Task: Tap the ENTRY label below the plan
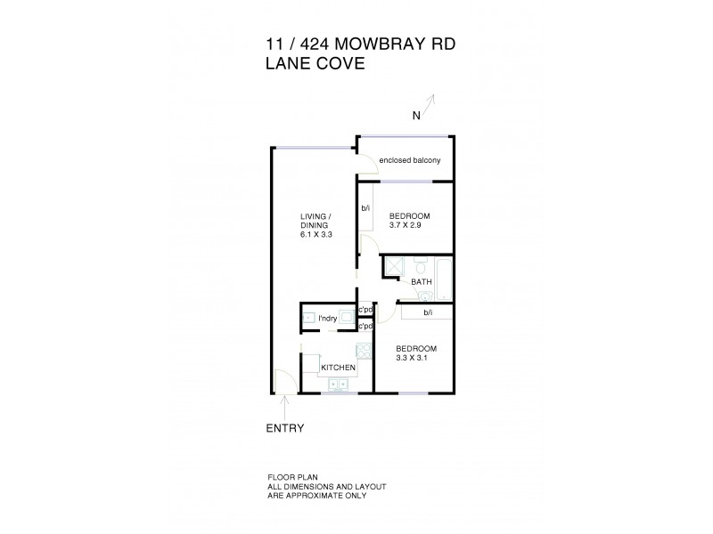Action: coord(285,428)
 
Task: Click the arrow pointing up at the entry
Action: coord(284,408)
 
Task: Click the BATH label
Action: coord(422,282)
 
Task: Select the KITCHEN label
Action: coord(339,367)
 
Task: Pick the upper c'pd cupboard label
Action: coord(365,310)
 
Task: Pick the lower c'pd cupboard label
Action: coord(365,327)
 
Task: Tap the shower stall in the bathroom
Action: coord(395,267)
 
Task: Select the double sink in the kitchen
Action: coord(338,384)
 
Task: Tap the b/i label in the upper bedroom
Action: coord(365,210)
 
